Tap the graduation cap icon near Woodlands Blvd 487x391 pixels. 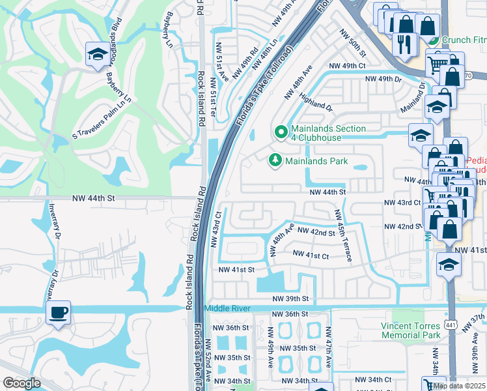[97, 54]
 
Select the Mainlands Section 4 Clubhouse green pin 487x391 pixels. [281, 132]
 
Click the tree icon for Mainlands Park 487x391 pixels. [275, 160]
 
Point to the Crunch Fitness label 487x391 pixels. [464, 40]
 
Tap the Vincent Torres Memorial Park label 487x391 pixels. [412, 330]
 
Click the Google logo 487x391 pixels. [21, 383]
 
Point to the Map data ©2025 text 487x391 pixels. [459, 385]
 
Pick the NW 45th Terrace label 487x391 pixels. [343, 235]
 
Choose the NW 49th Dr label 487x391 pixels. [383, 79]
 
